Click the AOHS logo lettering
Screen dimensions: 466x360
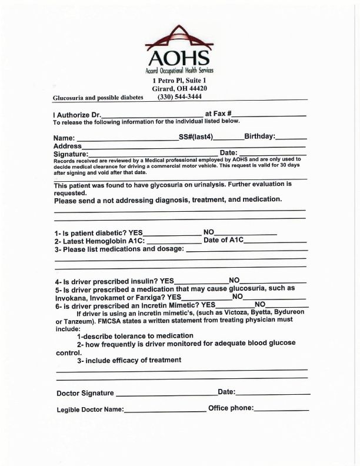tap(178, 58)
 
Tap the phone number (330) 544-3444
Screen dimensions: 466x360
tap(179, 96)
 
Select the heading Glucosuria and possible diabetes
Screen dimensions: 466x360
tap(98, 98)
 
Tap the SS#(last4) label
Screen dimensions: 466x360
tap(196, 137)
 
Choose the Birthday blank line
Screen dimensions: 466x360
tap(290, 138)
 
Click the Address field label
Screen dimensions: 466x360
tap(67, 145)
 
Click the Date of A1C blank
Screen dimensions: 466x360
tap(279, 241)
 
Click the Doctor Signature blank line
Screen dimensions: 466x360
tap(165, 393)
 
